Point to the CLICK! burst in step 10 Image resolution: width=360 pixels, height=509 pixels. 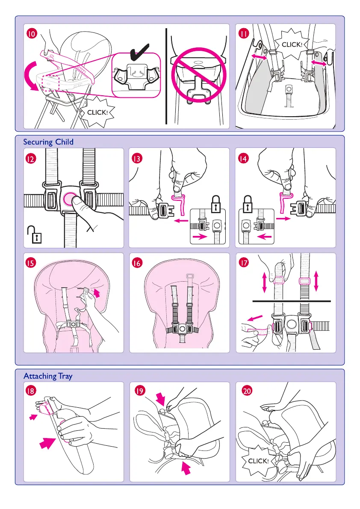click(x=99, y=112)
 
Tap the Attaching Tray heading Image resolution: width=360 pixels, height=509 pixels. click(x=48, y=376)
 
